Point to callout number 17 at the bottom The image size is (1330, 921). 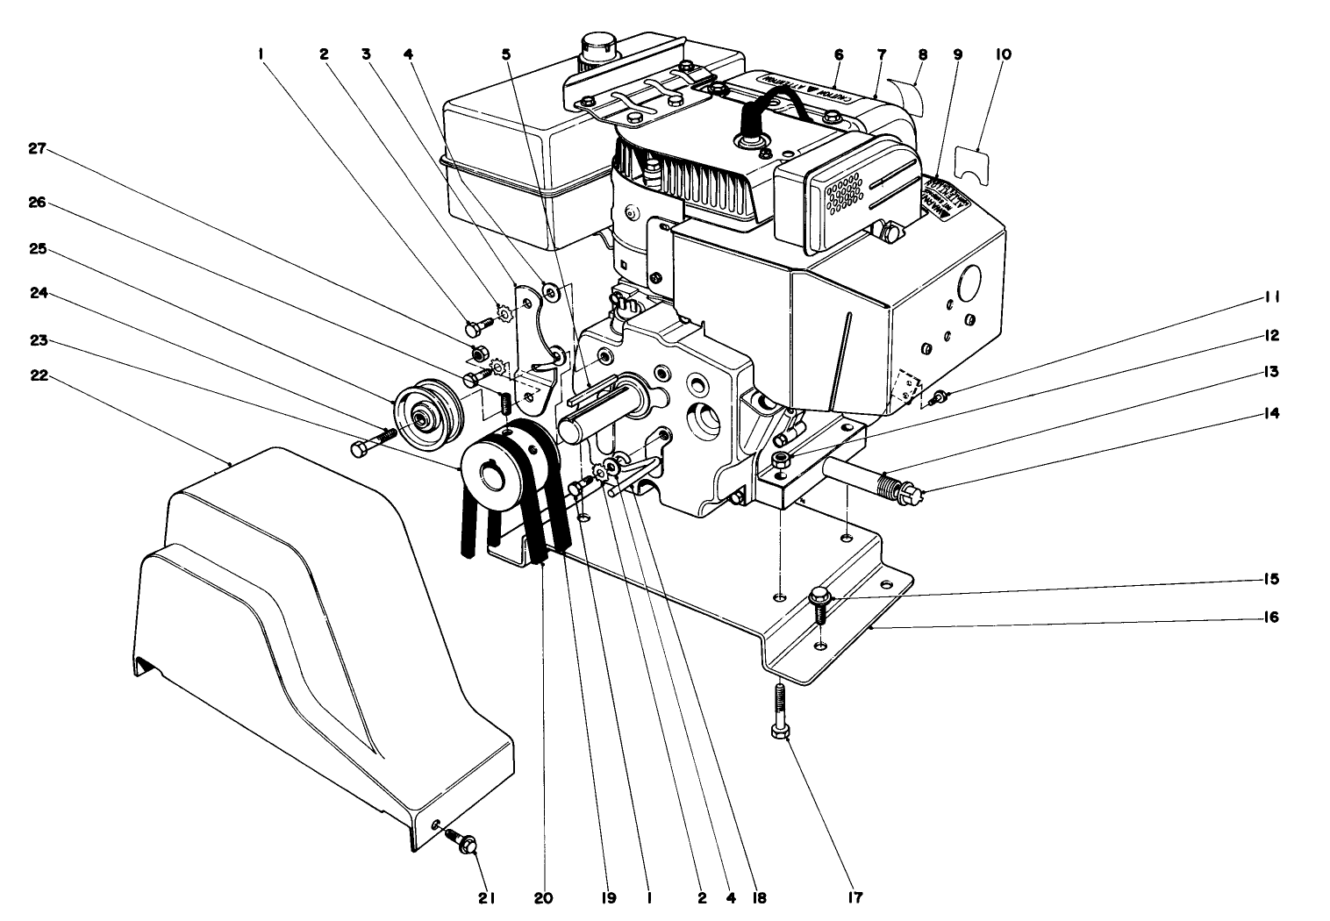point(854,897)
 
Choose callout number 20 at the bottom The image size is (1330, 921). point(544,897)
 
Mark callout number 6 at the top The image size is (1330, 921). point(838,54)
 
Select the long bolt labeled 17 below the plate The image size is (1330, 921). point(778,709)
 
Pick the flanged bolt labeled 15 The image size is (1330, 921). point(819,602)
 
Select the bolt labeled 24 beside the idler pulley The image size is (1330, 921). point(372,441)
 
